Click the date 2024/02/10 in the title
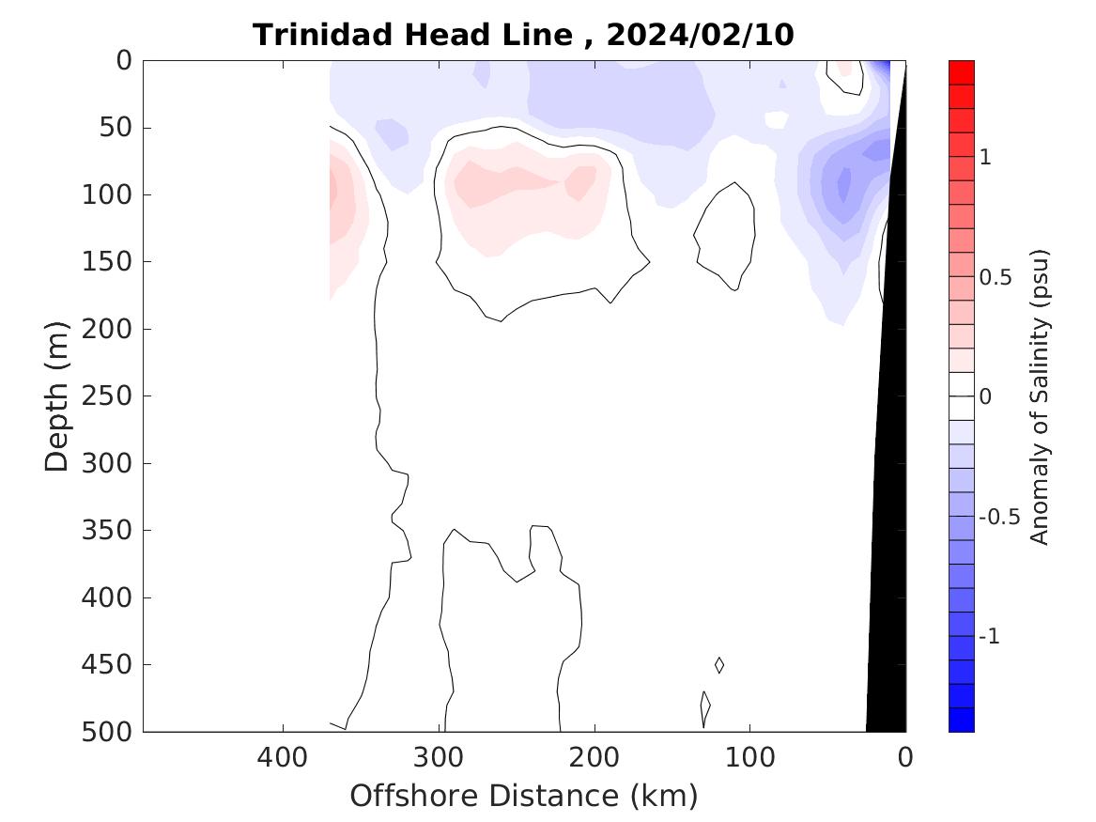coord(700,36)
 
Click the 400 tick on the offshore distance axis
coord(284,756)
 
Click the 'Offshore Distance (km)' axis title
coord(524,797)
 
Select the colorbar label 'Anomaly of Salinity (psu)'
coord(1039,396)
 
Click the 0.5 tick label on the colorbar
coord(996,279)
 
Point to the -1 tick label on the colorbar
coord(989,638)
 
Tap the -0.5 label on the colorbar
coord(999,519)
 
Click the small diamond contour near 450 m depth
coord(719,665)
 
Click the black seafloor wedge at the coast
coord(888,564)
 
